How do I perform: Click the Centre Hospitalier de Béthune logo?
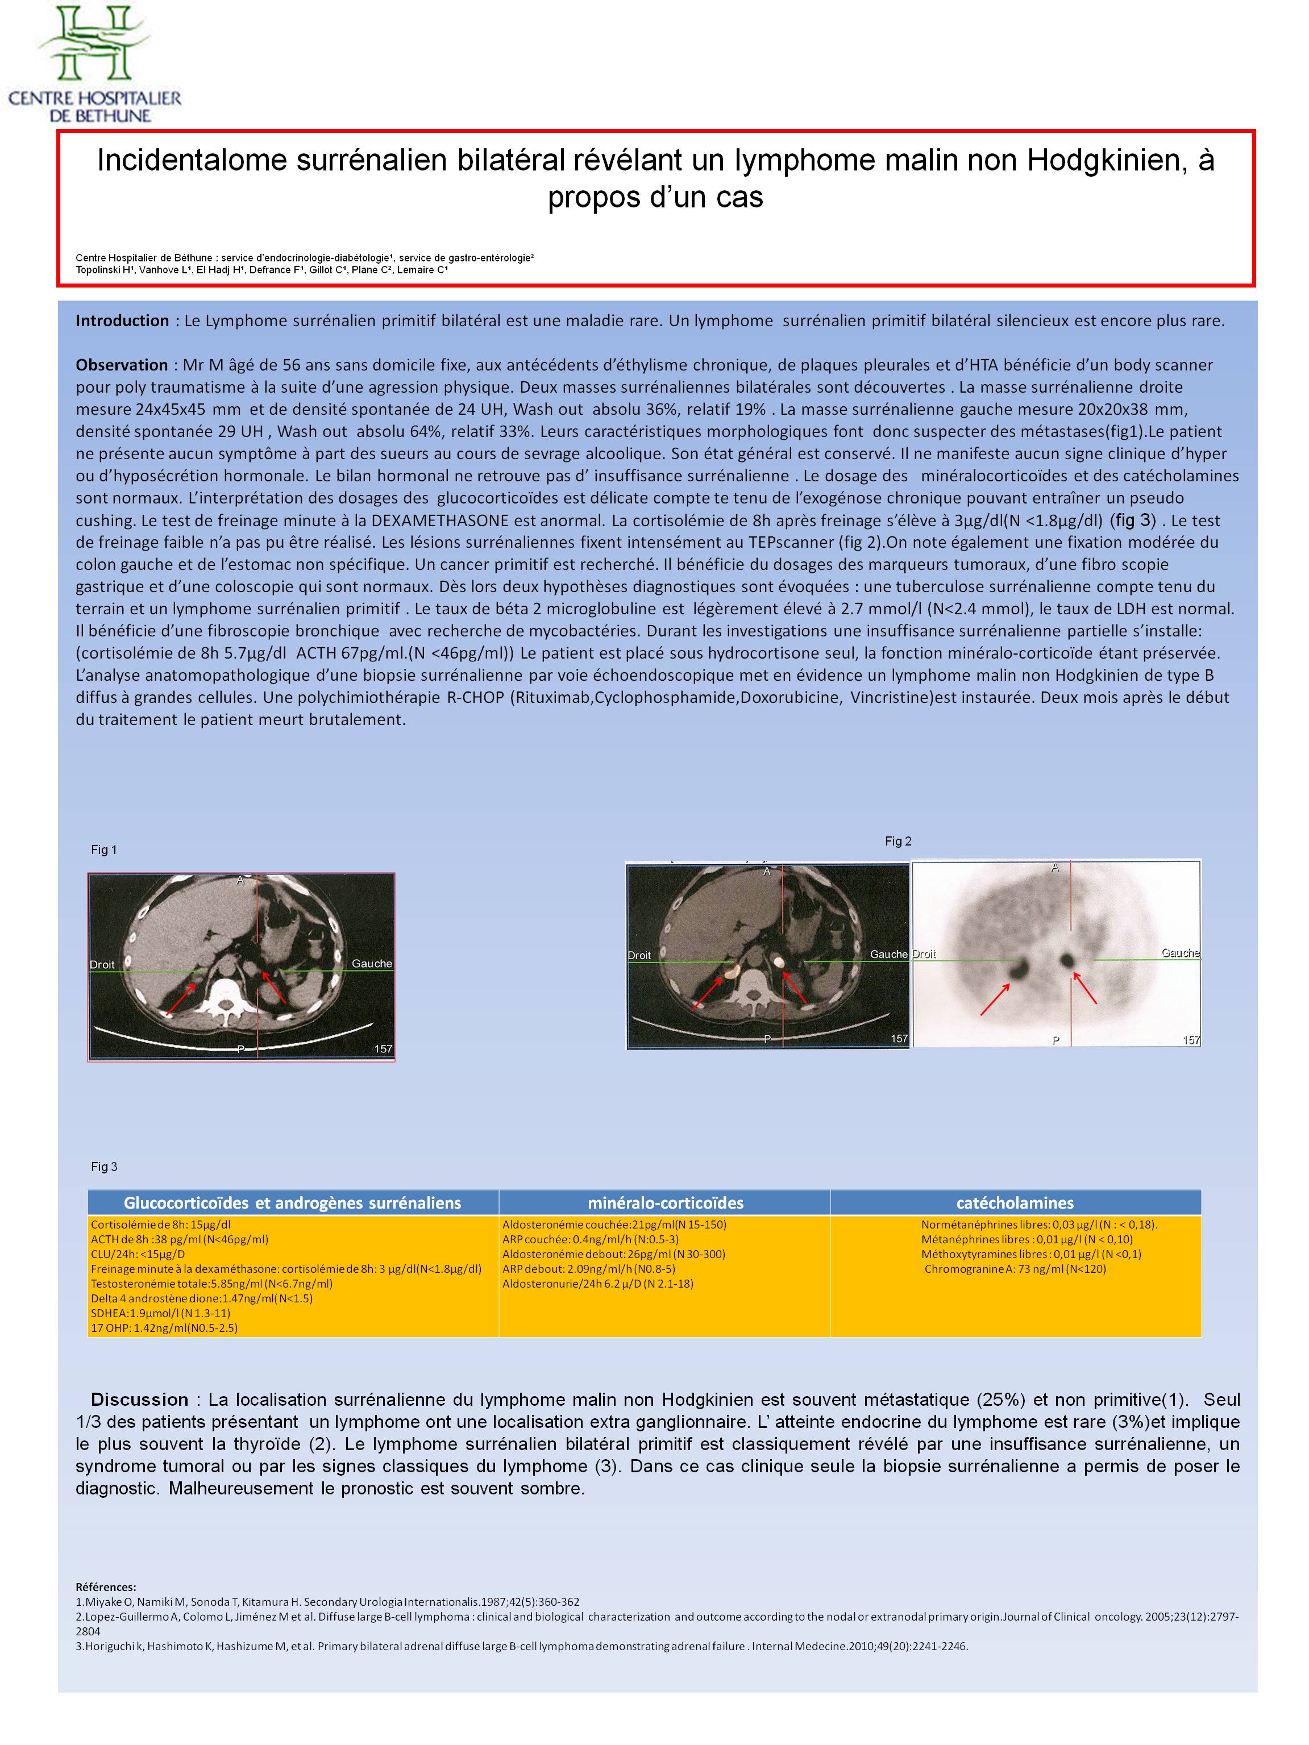(x=95, y=63)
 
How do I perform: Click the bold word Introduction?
(x=122, y=320)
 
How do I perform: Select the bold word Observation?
(x=122, y=364)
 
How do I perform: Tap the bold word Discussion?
(x=140, y=1400)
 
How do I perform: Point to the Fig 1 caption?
(x=103, y=849)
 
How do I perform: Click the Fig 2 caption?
(x=898, y=841)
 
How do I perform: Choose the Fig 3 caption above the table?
(x=103, y=1167)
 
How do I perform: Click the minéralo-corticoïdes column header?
(x=665, y=1202)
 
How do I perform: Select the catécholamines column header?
(x=1015, y=1202)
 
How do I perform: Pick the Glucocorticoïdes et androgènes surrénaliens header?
(x=292, y=1202)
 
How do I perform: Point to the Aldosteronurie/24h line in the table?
(x=597, y=1284)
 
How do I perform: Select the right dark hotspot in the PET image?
(x=1069, y=960)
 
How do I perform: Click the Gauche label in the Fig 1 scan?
(x=372, y=963)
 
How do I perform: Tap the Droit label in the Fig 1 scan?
(x=102, y=964)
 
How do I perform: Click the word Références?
(x=106, y=1586)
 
